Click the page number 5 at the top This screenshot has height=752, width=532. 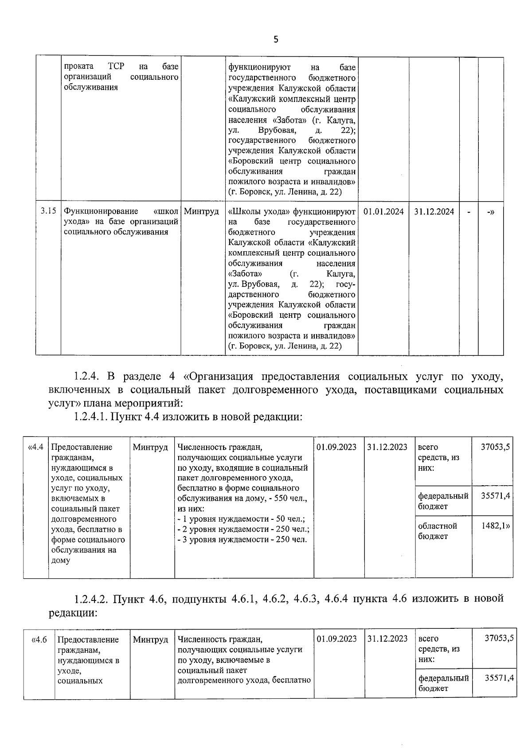click(x=276, y=40)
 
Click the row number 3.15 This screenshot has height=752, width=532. click(x=48, y=211)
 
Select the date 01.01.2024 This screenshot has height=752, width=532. click(x=383, y=212)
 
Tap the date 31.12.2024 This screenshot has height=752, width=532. click(x=434, y=212)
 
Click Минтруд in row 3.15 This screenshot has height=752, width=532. click(x=201, y=212)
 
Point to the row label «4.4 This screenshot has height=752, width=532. click(x=35, y=447)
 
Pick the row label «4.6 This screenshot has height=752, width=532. click(x=39, y=640)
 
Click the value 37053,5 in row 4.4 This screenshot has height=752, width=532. click(x=495, y=447)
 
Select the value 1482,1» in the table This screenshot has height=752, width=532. click(x=496, y=526)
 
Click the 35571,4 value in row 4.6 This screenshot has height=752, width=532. click(x=499, y=678)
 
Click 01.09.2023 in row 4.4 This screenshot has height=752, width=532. click(x=336, y=447)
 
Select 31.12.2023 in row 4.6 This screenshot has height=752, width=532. click(x=387, y=639)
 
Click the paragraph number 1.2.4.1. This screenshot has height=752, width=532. click(x=90, y=417)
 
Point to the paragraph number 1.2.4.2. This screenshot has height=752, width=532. click(x=91, y=599)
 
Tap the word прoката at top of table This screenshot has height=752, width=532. click(x=79, y=67)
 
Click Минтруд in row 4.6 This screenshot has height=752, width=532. click(x=151, y=640)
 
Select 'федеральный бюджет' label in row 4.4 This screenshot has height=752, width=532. click(x=443, y=501)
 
